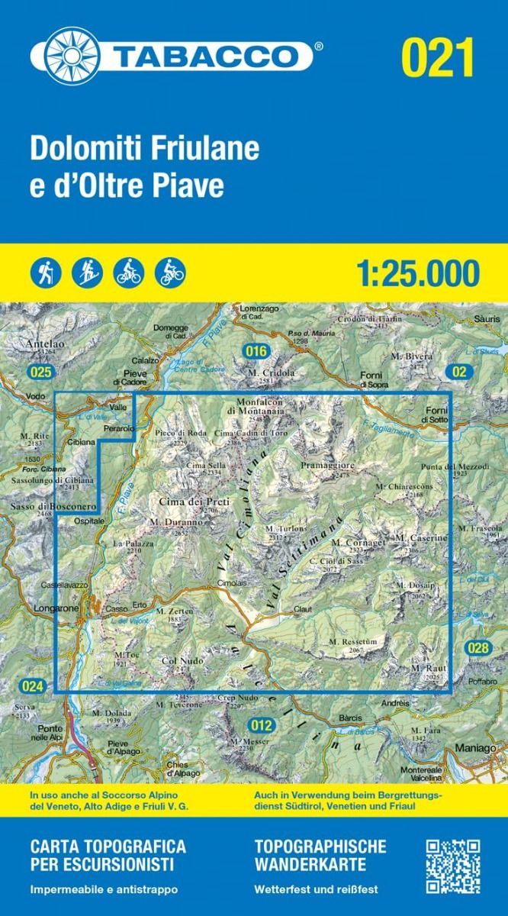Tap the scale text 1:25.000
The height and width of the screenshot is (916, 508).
click(418, 273)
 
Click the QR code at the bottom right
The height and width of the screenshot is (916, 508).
click(452, 866)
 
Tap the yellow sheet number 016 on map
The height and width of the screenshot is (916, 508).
click(257, 350)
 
